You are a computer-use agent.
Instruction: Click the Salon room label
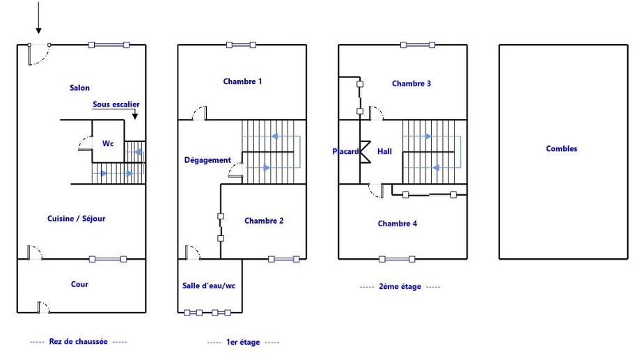[x=79, y=88]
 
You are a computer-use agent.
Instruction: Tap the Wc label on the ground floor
[x=108, y=143]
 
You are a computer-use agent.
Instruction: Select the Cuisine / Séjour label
[x=76, y=219]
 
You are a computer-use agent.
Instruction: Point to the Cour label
[x=79, y=284]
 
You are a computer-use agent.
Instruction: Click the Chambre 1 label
[x=242, y=81]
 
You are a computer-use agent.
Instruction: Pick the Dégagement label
[x=207, y=160]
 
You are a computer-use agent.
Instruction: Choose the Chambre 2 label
[x=264, y=221]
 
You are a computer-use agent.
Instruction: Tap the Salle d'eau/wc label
[x=209, y=285]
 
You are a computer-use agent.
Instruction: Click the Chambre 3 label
[x=411, y=84]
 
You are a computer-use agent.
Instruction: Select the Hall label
[x=384, y=151]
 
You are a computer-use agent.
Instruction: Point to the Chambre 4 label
[x=397, y=224]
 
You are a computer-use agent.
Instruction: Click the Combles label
[x=561, y=149]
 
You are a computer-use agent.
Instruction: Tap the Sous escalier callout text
[x=116, y=104]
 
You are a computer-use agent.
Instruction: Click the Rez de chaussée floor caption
[x=78, y=341]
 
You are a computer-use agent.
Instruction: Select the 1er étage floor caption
[x=243, y=342]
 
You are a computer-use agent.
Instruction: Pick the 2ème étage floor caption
[x=400, y=286]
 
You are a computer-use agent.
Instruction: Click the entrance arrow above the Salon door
[x=38, y=17]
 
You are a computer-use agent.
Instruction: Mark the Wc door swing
[x=86, y=143]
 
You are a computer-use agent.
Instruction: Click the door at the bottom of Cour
[x=43, y=307]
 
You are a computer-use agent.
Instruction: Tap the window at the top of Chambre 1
[x=241, y=45]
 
